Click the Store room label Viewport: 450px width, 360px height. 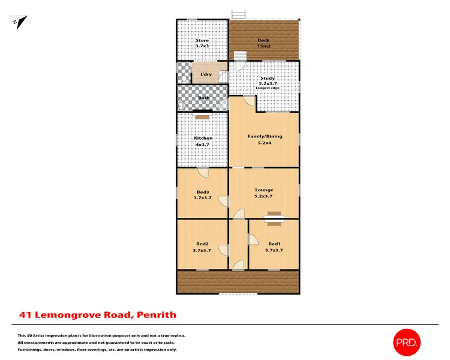click(201, 41)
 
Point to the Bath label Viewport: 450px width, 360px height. click(204, 97)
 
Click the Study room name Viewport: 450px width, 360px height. click(267, 77)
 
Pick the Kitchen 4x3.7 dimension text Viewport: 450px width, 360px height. click(203, 145)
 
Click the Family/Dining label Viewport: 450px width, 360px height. click(265, 136)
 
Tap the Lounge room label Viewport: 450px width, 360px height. click(264, 190)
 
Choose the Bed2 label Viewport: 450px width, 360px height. click(202, 244)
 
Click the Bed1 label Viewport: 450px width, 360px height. click(275, 244)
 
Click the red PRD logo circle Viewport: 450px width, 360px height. click(407, 343)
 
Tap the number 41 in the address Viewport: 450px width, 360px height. click(26, 314)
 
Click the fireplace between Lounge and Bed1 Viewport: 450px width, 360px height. click(274, 217)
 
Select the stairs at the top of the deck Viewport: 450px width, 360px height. click(239, 14)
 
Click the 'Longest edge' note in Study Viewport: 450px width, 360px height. click(268, 88)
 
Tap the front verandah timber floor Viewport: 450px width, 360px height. click(238, 281)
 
